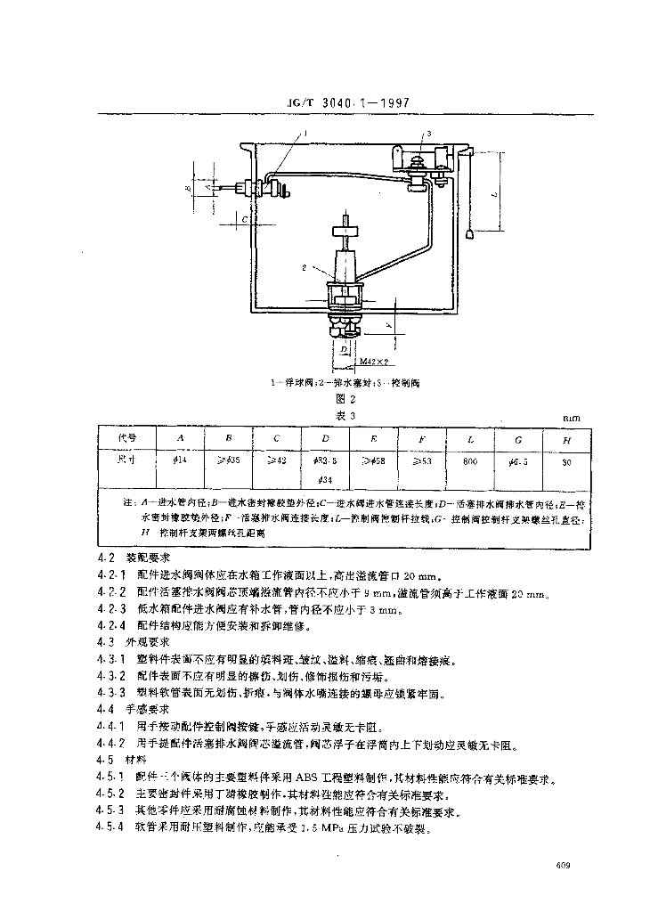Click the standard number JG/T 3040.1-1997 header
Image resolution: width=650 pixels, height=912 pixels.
345,102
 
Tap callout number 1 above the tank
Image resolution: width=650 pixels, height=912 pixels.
305,132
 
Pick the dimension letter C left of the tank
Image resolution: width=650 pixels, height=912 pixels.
241,216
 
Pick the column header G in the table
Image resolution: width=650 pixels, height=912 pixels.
519,439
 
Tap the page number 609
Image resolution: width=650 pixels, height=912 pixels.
562,865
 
